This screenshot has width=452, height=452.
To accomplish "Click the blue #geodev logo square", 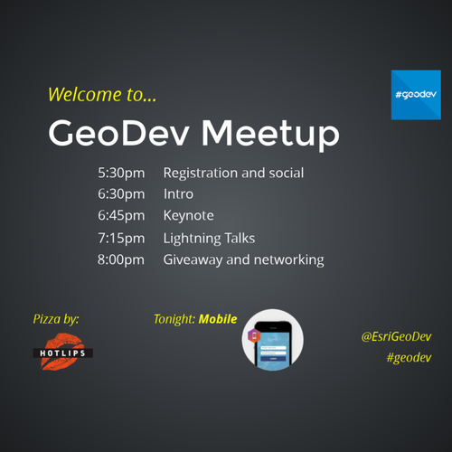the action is click(x=416, y=95).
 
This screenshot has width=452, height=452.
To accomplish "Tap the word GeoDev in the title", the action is click(x=119, y=133).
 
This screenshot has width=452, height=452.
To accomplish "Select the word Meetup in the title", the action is click(x=270, y=135).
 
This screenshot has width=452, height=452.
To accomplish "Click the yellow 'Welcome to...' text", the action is click(x=102, y=94).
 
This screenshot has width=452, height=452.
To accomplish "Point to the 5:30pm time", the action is click(x=121, y=174).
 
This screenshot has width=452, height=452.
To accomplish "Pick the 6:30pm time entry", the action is click(x=121, y=194).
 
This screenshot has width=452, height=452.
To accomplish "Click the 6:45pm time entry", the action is click(x=121, y=216).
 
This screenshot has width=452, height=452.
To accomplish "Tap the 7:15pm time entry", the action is click(x=121, y=239).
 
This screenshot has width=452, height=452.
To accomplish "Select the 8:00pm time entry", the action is click(x=121, y=259).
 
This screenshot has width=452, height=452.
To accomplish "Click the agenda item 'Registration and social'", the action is click(x=233, y=174).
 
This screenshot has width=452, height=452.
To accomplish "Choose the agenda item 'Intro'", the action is click(x=178, y=193).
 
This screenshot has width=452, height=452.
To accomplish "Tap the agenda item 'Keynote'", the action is click(x=189, y=216).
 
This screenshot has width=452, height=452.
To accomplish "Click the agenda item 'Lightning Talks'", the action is click(x=209, y=239).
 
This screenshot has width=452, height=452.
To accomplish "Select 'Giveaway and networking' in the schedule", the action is click(x=244, y=260).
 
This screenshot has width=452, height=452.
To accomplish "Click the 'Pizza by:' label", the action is click(x=56, y=319).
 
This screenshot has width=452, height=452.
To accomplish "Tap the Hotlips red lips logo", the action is click(x=62, y=352).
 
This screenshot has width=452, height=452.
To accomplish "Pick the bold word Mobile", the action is click(x=218, y=319).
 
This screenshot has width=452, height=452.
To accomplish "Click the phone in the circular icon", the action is click(x=273, y=345).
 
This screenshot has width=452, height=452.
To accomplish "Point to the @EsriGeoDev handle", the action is click(x=397, y=337).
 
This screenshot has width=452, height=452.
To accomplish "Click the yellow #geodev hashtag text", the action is click(x=409, y=358).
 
